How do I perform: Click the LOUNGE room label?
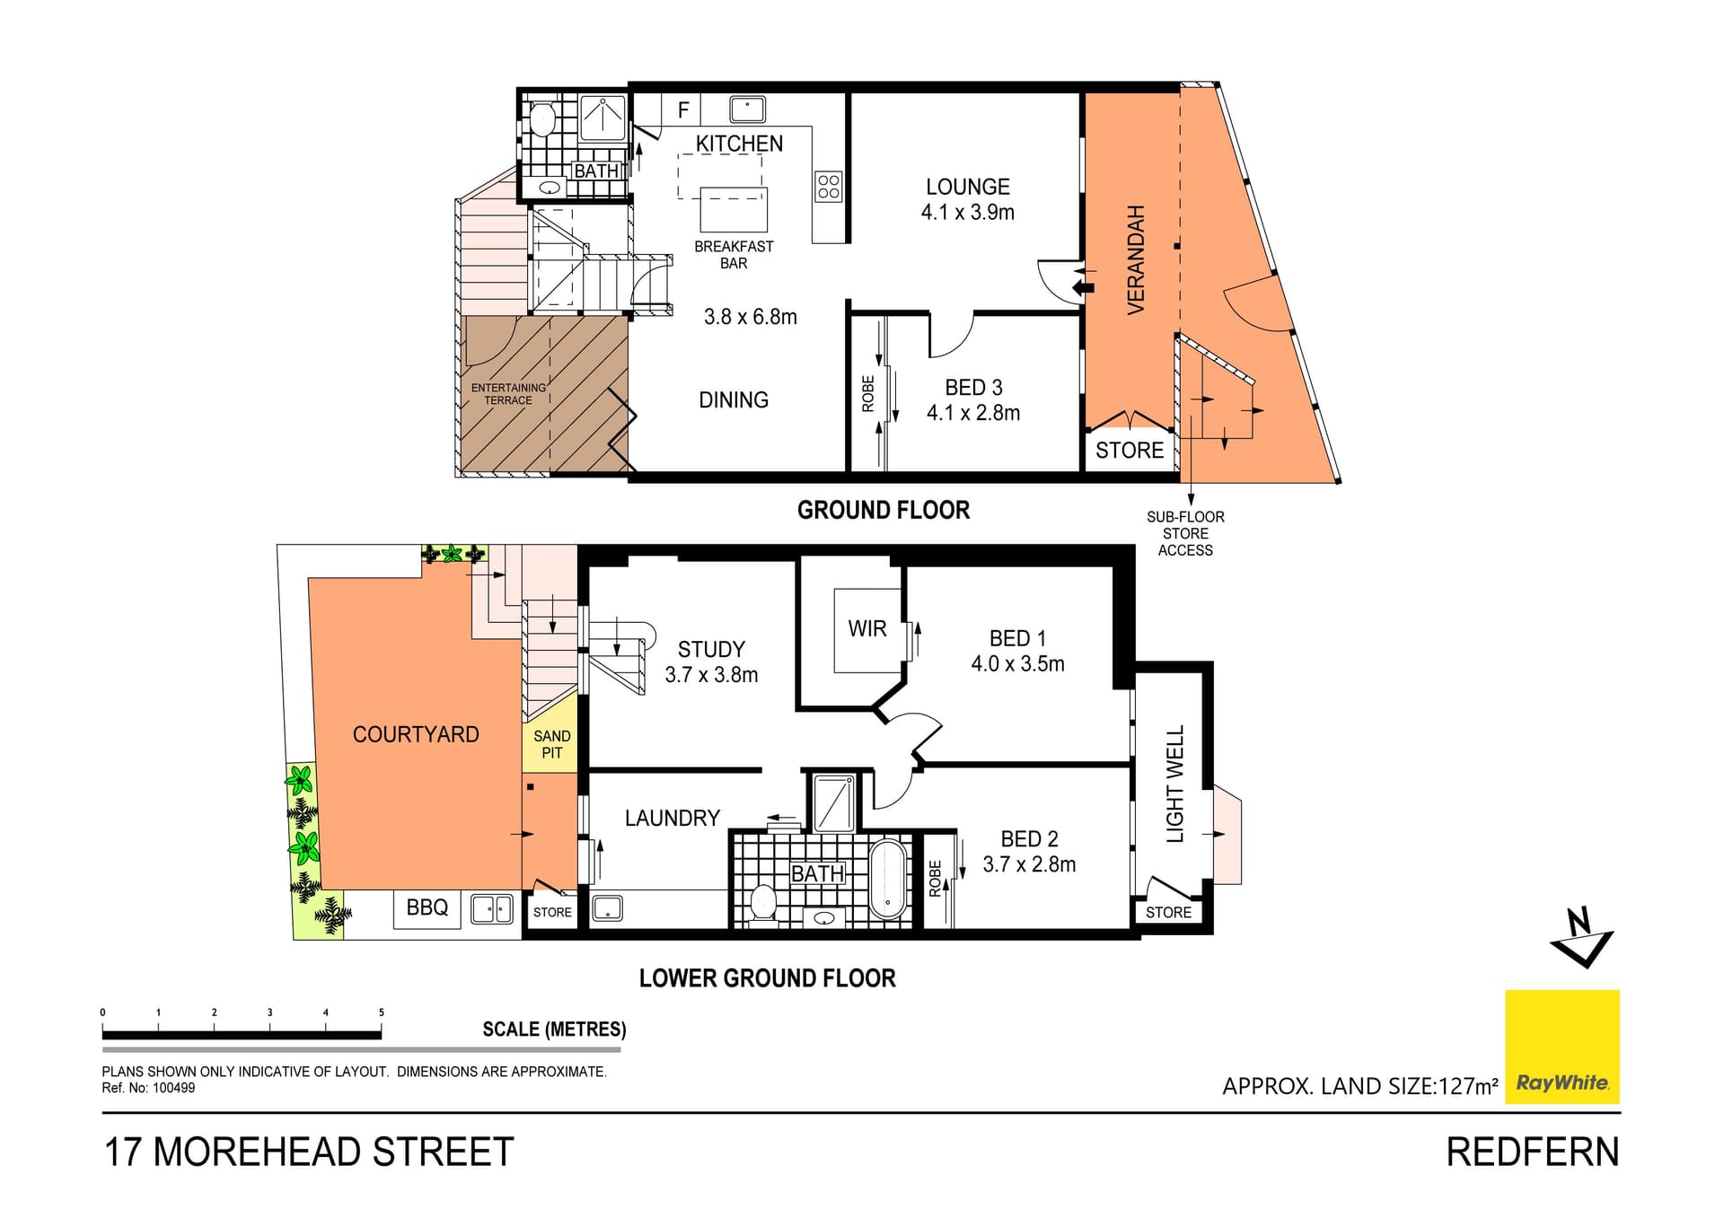coord(968,187)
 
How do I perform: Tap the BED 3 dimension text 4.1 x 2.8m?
coord(973,413)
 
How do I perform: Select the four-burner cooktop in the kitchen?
coord(829,187)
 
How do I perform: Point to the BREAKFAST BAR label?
coord(734,254)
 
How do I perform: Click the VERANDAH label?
coord(1136,260)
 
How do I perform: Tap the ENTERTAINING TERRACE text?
coord(508,394)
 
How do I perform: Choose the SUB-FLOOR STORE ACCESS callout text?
coord(1185,533)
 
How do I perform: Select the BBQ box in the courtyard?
coord(427,908)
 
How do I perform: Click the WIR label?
coord(867,629)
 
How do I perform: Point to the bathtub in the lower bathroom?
coord(889,880)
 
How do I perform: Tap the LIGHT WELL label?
coord(1175,784)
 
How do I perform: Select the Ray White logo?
coord(1562,1047)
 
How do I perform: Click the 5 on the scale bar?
coord(382,1012)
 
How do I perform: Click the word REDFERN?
coord(1533,1152)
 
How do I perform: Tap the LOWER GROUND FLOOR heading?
coord(768,978)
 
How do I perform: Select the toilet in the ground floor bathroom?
coord(542,118)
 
